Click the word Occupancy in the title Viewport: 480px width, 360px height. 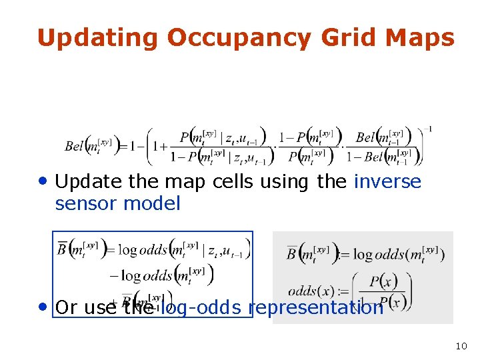(x=239, y=39)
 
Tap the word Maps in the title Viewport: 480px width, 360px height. (x=421, y=39)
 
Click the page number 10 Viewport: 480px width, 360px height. (x=461, y=346)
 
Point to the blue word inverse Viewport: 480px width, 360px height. (x=387, y=181)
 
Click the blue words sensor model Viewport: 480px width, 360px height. (x=117, y=204)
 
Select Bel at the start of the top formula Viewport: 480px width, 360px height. (x=75, y=146)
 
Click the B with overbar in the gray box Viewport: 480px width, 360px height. (x=292, y=253)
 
